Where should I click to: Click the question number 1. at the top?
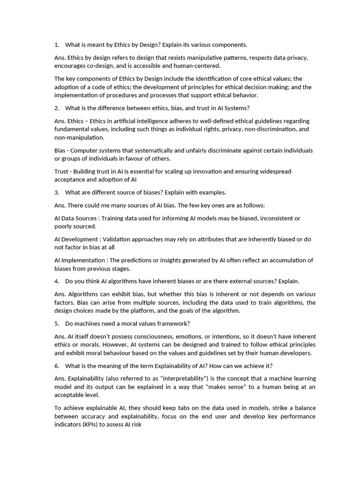tap(57, 45)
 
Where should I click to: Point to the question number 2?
tap(57, 108)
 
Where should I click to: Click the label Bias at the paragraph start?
tap(61, 150)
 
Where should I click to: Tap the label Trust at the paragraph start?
tap(62, 172)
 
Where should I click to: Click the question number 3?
tap(57, 193)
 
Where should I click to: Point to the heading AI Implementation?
tap(79, 260)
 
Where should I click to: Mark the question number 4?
tap(57, 281)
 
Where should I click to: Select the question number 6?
tap(57, 366)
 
